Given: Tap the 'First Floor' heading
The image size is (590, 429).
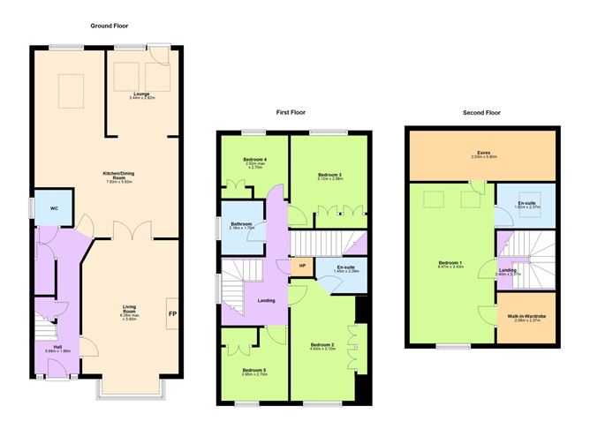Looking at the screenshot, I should coord(291,112).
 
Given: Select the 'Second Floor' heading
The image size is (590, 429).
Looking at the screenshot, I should coord(481,113).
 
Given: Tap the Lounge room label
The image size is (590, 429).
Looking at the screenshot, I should coord(141,94).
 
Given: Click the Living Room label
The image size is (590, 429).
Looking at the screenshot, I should coord(129,311).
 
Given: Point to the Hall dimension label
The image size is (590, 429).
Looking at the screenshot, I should coord(57,350).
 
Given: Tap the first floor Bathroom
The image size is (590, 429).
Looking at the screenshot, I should coord(242,225).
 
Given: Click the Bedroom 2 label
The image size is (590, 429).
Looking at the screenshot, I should coord(323,346).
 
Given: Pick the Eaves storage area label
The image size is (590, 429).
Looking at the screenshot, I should coord(484,153).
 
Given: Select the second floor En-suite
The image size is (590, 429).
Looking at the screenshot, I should coord(526,205).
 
